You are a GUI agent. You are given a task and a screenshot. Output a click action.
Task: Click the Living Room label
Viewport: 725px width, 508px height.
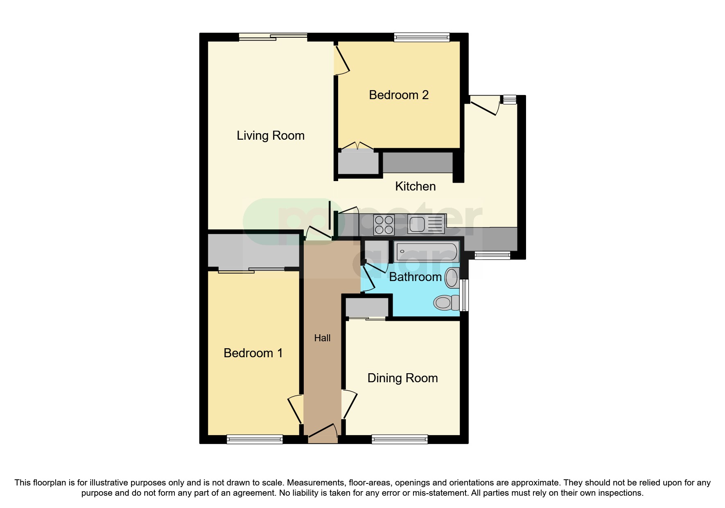coord(271,136)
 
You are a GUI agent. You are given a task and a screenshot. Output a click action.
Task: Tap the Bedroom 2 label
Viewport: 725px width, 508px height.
coord(398,95)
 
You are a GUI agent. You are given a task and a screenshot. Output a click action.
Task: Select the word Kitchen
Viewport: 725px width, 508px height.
coord(415,186)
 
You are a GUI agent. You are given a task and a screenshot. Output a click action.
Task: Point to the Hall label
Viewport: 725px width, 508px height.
coord(322,338)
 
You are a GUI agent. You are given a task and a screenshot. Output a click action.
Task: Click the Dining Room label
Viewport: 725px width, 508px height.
coord(402,378)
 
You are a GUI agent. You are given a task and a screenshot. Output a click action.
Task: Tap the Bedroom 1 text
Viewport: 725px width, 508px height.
coord(253,353)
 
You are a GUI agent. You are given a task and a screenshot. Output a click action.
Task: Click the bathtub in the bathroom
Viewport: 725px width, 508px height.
coord(426,252)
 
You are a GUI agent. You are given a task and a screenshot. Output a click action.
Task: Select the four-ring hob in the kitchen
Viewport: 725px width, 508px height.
coord(384,225)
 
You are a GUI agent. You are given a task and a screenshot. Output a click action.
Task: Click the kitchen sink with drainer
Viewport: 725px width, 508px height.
coord(426,225)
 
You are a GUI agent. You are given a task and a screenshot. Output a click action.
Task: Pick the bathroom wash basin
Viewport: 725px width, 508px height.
coord(452,278)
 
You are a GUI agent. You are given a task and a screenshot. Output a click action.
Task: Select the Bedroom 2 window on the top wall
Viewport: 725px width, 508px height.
coord(421,37)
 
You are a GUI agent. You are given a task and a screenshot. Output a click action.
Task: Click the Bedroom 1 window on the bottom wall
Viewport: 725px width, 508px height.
coord(255,440)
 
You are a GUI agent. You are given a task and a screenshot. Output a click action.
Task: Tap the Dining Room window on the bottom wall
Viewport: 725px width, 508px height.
coord(400,440)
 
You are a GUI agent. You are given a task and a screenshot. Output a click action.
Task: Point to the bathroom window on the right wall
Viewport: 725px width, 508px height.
coord(464,295)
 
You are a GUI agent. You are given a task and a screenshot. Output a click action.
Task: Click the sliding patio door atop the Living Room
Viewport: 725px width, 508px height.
coord(273,37)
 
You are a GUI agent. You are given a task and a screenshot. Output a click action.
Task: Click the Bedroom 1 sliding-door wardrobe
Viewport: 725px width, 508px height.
coord(253,251)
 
